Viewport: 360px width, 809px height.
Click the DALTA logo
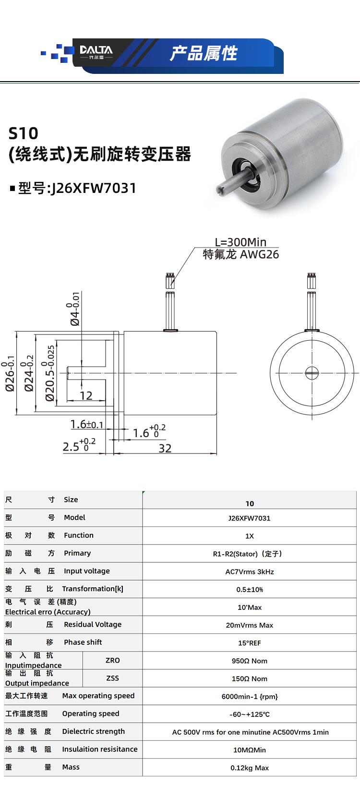(96, 51)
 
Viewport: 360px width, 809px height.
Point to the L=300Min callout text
(240, 242)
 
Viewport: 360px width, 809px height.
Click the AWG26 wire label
(259, 254)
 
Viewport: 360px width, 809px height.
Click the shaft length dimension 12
(86, 396)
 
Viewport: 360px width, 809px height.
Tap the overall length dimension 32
(165, 448)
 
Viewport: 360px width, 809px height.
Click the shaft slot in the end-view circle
(312, 373)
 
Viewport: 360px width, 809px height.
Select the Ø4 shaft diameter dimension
(74, 310)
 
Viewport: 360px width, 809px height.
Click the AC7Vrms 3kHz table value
(250, 571)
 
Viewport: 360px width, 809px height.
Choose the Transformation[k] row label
(93, 589)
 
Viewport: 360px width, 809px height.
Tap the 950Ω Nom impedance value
(250, 661)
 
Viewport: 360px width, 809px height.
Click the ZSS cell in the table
(112, 678)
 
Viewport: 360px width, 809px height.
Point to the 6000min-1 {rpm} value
(250, 696)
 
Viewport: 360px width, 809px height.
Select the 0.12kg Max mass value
(250, 768)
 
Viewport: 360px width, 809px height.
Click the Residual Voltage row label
(93, 624)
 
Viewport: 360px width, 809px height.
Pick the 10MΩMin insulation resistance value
(250, 750)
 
